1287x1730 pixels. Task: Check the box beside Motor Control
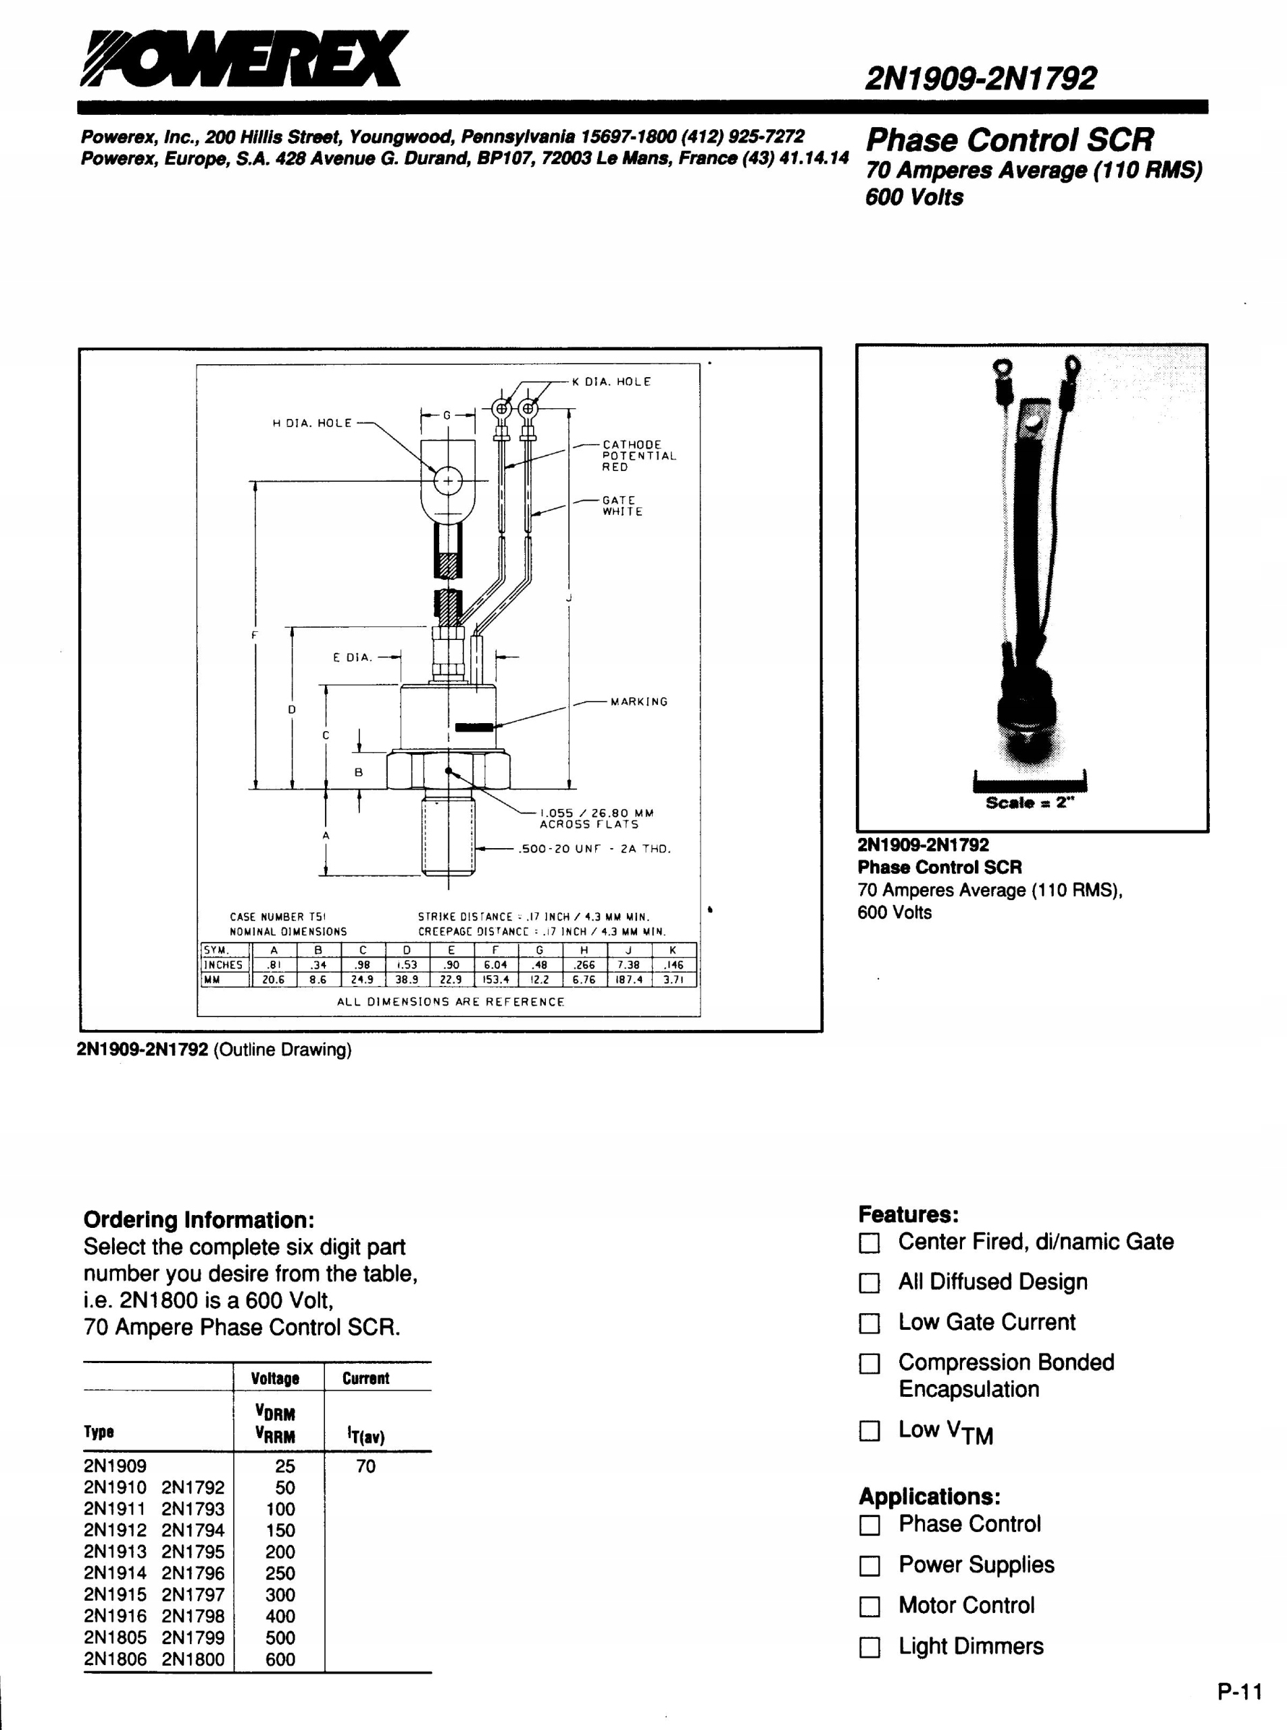(x=869, y=1607)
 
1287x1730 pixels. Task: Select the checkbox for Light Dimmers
(x=869, y=1648)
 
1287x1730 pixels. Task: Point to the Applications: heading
(x=930, y=1497)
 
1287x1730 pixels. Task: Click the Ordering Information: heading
(x=199, y=1220)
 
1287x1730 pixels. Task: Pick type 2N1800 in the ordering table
(x=193, y=1659)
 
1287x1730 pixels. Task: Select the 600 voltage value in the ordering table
(x=280, y=1659)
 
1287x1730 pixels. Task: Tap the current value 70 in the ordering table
(x=365, y=1466)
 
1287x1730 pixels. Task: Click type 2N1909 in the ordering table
(x=116, y=1466)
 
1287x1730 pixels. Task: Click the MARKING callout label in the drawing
(x=639, y=701)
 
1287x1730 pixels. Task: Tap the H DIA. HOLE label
(x=311, y=423)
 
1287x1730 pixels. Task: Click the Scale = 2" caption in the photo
(x=1030, y=803)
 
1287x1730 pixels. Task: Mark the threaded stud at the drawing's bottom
(x=448, y=834)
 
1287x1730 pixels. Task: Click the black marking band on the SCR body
(x=474, y=727)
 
